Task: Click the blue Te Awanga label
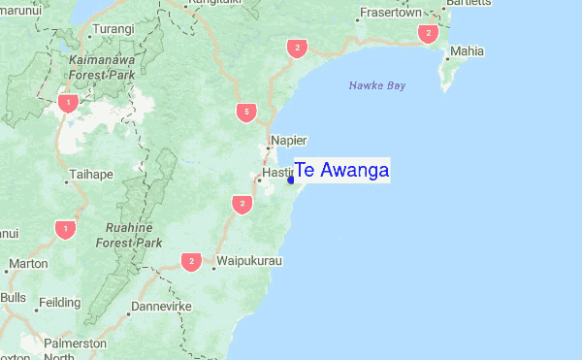tap(341, 171)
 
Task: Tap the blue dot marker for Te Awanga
tap(291, 180)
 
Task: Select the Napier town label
tap(288, 140)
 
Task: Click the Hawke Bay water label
tap(376, 86)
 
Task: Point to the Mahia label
tap(467, 50)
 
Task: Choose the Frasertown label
tap(390, 14)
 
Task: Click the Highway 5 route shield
tap(246, 114)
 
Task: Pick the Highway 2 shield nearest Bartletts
tap(427, 34)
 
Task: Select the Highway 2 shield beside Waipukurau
tap(191, 262)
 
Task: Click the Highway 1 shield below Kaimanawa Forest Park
tap(67, 102)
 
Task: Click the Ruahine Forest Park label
tap(134, 235)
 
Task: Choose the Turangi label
tap(114, 29)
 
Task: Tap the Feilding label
tap(59, 303)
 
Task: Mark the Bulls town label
tap(14, 297)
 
